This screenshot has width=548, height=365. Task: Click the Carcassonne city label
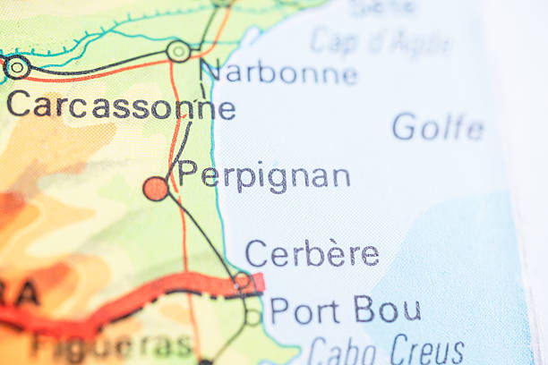pyautogui.click(x=121, y=107)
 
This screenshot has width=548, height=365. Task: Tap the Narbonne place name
pyautogui.click(x=278, y=72)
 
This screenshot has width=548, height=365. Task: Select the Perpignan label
pyautogui.click(x=264, y=174)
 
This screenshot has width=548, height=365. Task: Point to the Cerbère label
pyautogui.click(x=312, y=253)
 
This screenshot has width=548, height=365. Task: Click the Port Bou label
pyautogui.click(x=345, y=310)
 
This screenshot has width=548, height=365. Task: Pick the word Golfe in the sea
pyautogui.click(x=438, y=127)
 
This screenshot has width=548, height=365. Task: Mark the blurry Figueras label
pyautogui.click(x=112, y=345)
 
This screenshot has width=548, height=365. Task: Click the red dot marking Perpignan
pyautogui.click(x=156, y=188)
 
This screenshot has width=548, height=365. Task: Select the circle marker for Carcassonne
pyautogui.click(x=16, y=66)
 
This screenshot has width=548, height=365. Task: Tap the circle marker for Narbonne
pyautogui.click(x=179, y=51)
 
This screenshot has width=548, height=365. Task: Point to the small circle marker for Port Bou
pyautogui.click(x=253, y=316)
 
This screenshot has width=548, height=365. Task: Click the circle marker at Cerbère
pyautogui.click(x=243, y=280)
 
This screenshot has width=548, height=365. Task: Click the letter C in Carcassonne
pyautogui.click(x=17, y=106)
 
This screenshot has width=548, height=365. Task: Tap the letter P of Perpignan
pyautogui.click(x=187, y=173)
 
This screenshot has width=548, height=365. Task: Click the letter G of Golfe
pyautogui.click(x=405, y=127)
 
